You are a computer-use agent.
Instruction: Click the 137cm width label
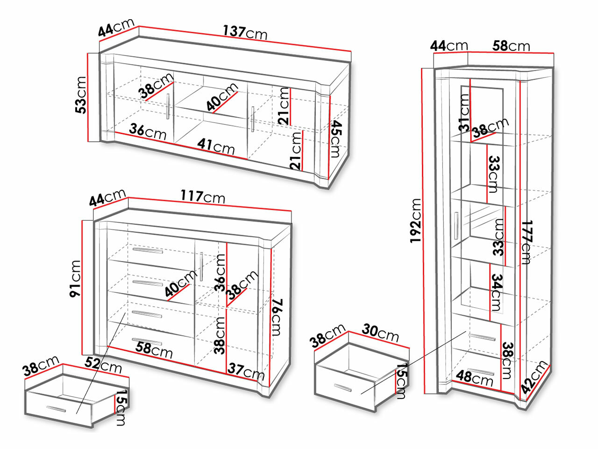coord(245,33)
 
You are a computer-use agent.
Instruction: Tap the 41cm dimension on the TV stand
coord(215,146)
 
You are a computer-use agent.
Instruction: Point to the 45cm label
coord(336,139)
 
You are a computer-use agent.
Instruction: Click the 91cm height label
coord(75,279)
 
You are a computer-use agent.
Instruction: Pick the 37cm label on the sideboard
coord(246,371)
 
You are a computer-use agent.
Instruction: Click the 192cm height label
coord(416,220)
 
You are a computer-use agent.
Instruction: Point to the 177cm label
coord(526,242)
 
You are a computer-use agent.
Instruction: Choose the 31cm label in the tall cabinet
coord(463,112)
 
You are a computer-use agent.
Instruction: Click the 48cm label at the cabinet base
coord(475,377)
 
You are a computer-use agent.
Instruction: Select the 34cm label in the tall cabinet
coord(496,293)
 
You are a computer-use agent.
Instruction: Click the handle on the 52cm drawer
coord(57,409)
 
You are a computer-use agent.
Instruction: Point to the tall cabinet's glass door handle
coord(456,225)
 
